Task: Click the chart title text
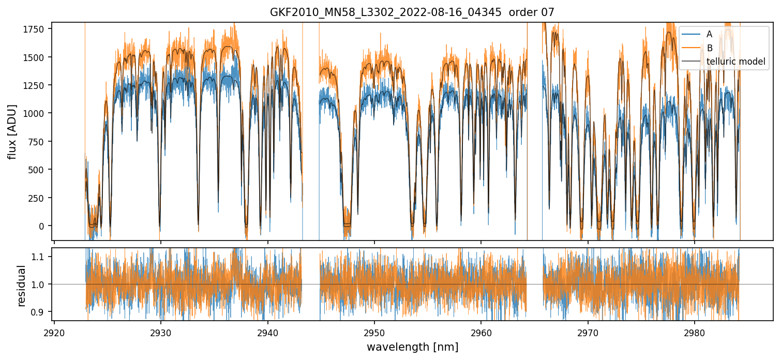[x=412, y=12]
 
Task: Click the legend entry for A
[x=709, y=34]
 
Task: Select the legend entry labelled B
[x=709, y=48]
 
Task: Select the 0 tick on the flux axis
[x=45, y=226]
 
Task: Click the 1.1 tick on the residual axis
[x=41, y=257]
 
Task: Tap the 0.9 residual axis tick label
[x=41, y=312]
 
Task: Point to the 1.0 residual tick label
[x=41, y=284]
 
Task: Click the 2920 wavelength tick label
[x=54, y=332]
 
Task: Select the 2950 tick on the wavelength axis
[x=374, y=332]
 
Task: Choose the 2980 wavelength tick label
[x=695, y=332]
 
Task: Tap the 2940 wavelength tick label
[x=268, y=332]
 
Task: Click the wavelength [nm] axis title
[x=412, y=347]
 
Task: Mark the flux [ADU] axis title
[x=11, y=132]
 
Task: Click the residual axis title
[x=22, y=286]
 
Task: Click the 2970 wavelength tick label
[x=588, y=332]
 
